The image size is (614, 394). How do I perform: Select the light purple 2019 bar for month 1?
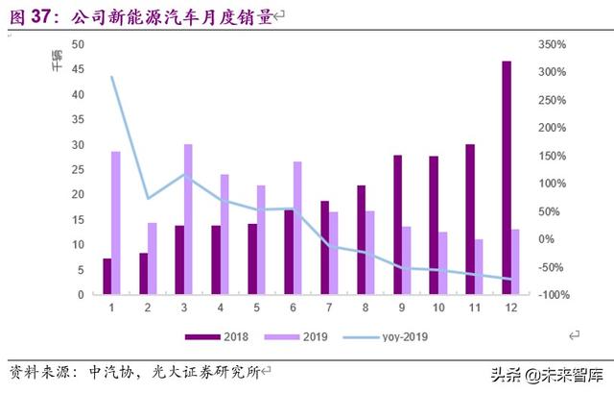pos(116,223)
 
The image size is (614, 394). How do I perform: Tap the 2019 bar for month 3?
pos(188,219)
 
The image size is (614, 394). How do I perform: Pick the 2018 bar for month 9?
pos(397,225)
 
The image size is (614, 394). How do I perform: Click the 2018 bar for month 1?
pos(107,277)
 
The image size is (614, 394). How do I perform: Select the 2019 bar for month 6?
pos(296,228)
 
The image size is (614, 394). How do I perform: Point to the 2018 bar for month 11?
pos(470,219)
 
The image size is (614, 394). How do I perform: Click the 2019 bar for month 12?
pos(515,261)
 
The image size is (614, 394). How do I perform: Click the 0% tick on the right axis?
pos(548,239)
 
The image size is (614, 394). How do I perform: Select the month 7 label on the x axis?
pos(329,308)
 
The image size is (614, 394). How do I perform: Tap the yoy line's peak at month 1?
pos(112,77)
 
